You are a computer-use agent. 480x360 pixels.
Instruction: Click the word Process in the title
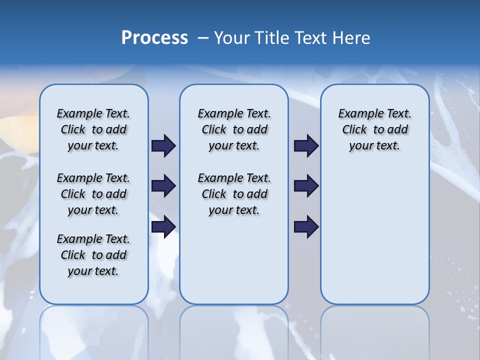[154, 37]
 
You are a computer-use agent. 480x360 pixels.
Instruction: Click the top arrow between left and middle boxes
[163, 145]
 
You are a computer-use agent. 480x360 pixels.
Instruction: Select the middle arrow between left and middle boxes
[163, 186]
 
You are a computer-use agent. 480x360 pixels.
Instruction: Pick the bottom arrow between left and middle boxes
[163, 226]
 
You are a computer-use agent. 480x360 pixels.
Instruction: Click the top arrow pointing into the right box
[306, 145]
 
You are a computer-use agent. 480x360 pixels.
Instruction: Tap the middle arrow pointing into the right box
[306, 186]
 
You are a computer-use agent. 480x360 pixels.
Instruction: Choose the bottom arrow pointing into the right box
[306, 226]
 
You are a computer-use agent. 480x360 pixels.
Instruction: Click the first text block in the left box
[93, 129]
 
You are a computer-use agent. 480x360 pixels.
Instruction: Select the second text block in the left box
[93, 194]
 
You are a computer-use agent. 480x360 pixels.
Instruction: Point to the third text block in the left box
[93, 255]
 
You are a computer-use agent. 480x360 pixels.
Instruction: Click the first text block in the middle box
[234, 129]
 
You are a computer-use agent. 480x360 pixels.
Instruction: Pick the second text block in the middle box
[234, 194]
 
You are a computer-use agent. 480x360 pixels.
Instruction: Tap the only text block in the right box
[374, 129]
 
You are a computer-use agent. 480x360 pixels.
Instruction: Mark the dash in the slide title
[203, 38]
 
